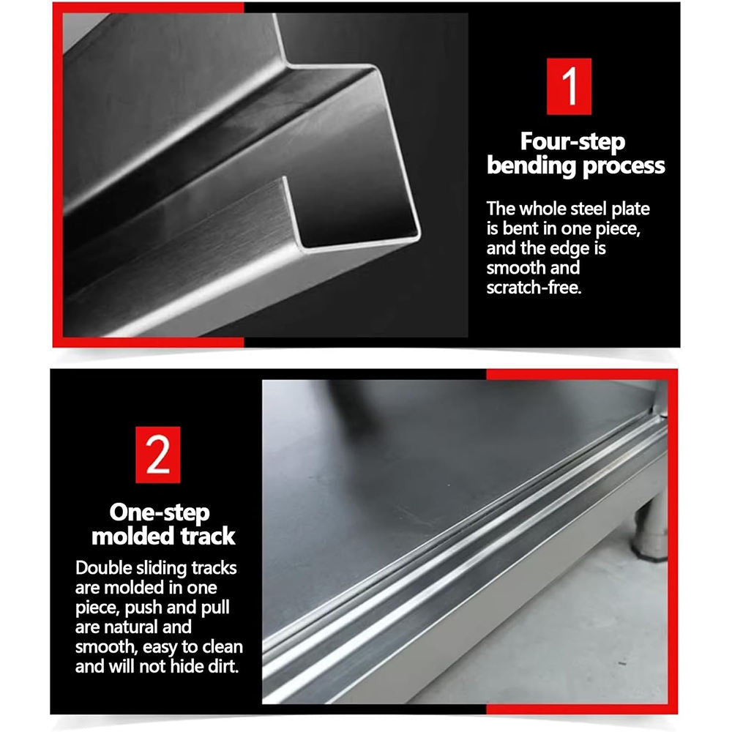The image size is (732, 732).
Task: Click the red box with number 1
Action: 568,86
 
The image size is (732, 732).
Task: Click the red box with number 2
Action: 157,455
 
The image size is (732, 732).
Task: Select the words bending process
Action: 575,165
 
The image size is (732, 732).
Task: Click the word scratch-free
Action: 534,288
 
